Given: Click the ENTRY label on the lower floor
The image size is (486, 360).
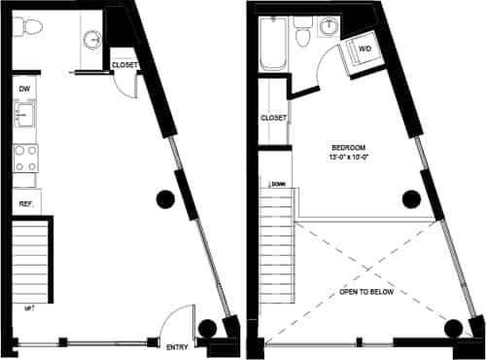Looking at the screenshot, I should point(178,346).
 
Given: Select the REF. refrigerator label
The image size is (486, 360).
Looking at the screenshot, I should point(25,204).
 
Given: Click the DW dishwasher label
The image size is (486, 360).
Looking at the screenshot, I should point(24,89).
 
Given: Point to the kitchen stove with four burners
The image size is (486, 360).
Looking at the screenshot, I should point(24,159).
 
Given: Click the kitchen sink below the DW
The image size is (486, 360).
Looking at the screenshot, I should point(24,118).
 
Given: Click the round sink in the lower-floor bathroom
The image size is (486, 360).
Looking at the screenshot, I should point(91,39).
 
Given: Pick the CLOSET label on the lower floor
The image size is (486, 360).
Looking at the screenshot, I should point(124,65).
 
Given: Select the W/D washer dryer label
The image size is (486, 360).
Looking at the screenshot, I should point(365,48).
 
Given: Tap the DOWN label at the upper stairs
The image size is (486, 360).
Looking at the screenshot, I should point(278,183).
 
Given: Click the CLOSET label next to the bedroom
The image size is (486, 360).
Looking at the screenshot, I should point(273,118).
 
